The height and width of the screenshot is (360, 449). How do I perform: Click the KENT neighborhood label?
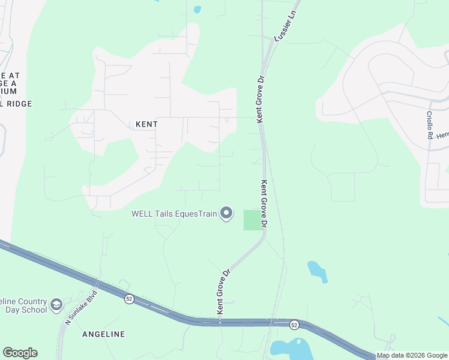click(x=146, y=124)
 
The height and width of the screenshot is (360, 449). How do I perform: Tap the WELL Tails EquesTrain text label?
click(x=174, y=214)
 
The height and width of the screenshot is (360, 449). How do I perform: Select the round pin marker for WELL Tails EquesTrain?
click(x=226, y=213)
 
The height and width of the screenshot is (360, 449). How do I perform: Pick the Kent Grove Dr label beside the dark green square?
click(x=264, y=203)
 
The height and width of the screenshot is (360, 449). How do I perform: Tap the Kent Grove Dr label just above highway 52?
click(x=223, y=292)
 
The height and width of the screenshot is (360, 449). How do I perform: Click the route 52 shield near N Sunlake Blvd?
click(x=129, y=299)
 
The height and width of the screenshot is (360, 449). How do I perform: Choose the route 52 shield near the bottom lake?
click(x=294, y=325)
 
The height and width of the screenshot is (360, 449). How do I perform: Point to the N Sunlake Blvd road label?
click(x=75, y=310)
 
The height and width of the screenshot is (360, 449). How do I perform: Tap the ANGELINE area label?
click(x=103, y=334)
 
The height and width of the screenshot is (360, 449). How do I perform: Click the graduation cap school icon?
click(x=56, y=305)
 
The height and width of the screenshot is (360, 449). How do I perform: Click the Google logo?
click(x=20, y=353)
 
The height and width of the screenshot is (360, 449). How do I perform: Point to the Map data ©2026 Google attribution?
click(x=412, y=355)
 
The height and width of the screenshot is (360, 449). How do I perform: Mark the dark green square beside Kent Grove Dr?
click(x=252, y=220)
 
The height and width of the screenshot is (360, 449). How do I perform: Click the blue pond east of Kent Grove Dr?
click(x=317, y=271)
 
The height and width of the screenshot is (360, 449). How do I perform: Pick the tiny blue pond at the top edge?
click(x=197, y=9)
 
